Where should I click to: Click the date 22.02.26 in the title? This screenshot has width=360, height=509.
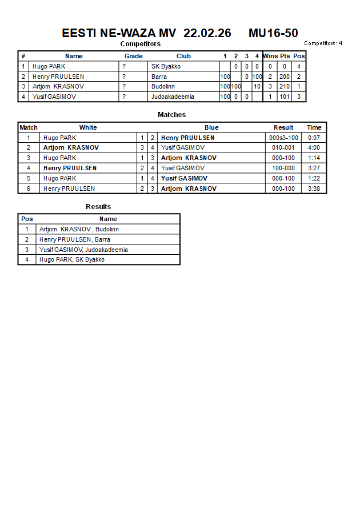(207, 33)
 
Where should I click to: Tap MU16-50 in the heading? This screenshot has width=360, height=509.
(273, 33)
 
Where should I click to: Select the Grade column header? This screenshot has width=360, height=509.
(134, 56)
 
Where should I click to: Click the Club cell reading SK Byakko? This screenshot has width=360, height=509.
(166, 66)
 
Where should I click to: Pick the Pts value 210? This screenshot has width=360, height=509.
(285, 87)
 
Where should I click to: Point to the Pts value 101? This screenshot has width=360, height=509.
(285, 97)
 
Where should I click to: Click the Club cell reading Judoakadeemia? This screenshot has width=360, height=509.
(173, 97)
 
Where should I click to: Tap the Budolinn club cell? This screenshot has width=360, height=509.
(163, 87)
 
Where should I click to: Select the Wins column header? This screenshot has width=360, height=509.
(270, 56)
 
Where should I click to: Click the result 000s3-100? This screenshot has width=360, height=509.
(283, 138)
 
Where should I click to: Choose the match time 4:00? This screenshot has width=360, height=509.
(314, 147)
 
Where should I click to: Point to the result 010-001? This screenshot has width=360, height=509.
(283, 147)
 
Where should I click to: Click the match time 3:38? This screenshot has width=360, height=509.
(314, 189)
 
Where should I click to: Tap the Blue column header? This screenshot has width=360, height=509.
(211, 127)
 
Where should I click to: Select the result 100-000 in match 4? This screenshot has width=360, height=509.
(283, 168)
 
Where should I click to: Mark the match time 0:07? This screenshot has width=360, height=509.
(314, 138)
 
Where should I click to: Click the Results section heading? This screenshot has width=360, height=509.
(98, 207)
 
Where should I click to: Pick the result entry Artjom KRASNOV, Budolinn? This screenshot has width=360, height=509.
(79, 229)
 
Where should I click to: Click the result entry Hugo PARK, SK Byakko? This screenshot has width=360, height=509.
(72, 260)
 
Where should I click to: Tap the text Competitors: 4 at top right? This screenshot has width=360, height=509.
(323, 43)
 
